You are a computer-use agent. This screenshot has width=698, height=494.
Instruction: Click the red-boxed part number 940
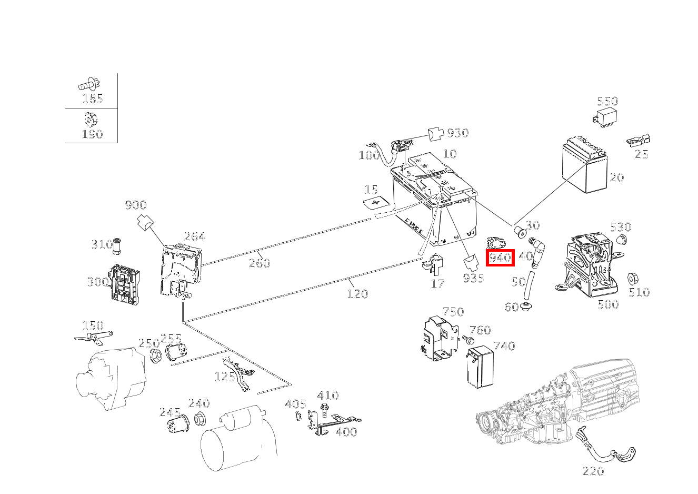click(x=500, y=258)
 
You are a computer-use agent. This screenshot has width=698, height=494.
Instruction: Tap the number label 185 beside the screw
click(x=92, y=98)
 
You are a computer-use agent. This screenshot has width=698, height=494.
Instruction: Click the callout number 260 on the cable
click(x=259, y=263)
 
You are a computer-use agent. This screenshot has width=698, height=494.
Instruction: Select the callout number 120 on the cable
click(x=357, y=293)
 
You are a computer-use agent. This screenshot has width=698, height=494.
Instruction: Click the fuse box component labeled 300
click(x=125, y=282)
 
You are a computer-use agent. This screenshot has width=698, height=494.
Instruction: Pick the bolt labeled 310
click(x=117, y=244)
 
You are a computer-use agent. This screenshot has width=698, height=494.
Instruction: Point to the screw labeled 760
click(x=466, y=340)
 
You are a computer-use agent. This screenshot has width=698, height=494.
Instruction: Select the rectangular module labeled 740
click(x=479, y=367)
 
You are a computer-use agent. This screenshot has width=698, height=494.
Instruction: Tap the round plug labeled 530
click(x=622, y=241)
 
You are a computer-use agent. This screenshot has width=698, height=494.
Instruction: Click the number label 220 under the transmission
click(x=593, y=471)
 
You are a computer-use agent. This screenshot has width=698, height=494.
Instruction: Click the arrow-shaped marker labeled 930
click(x=436, y=134)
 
